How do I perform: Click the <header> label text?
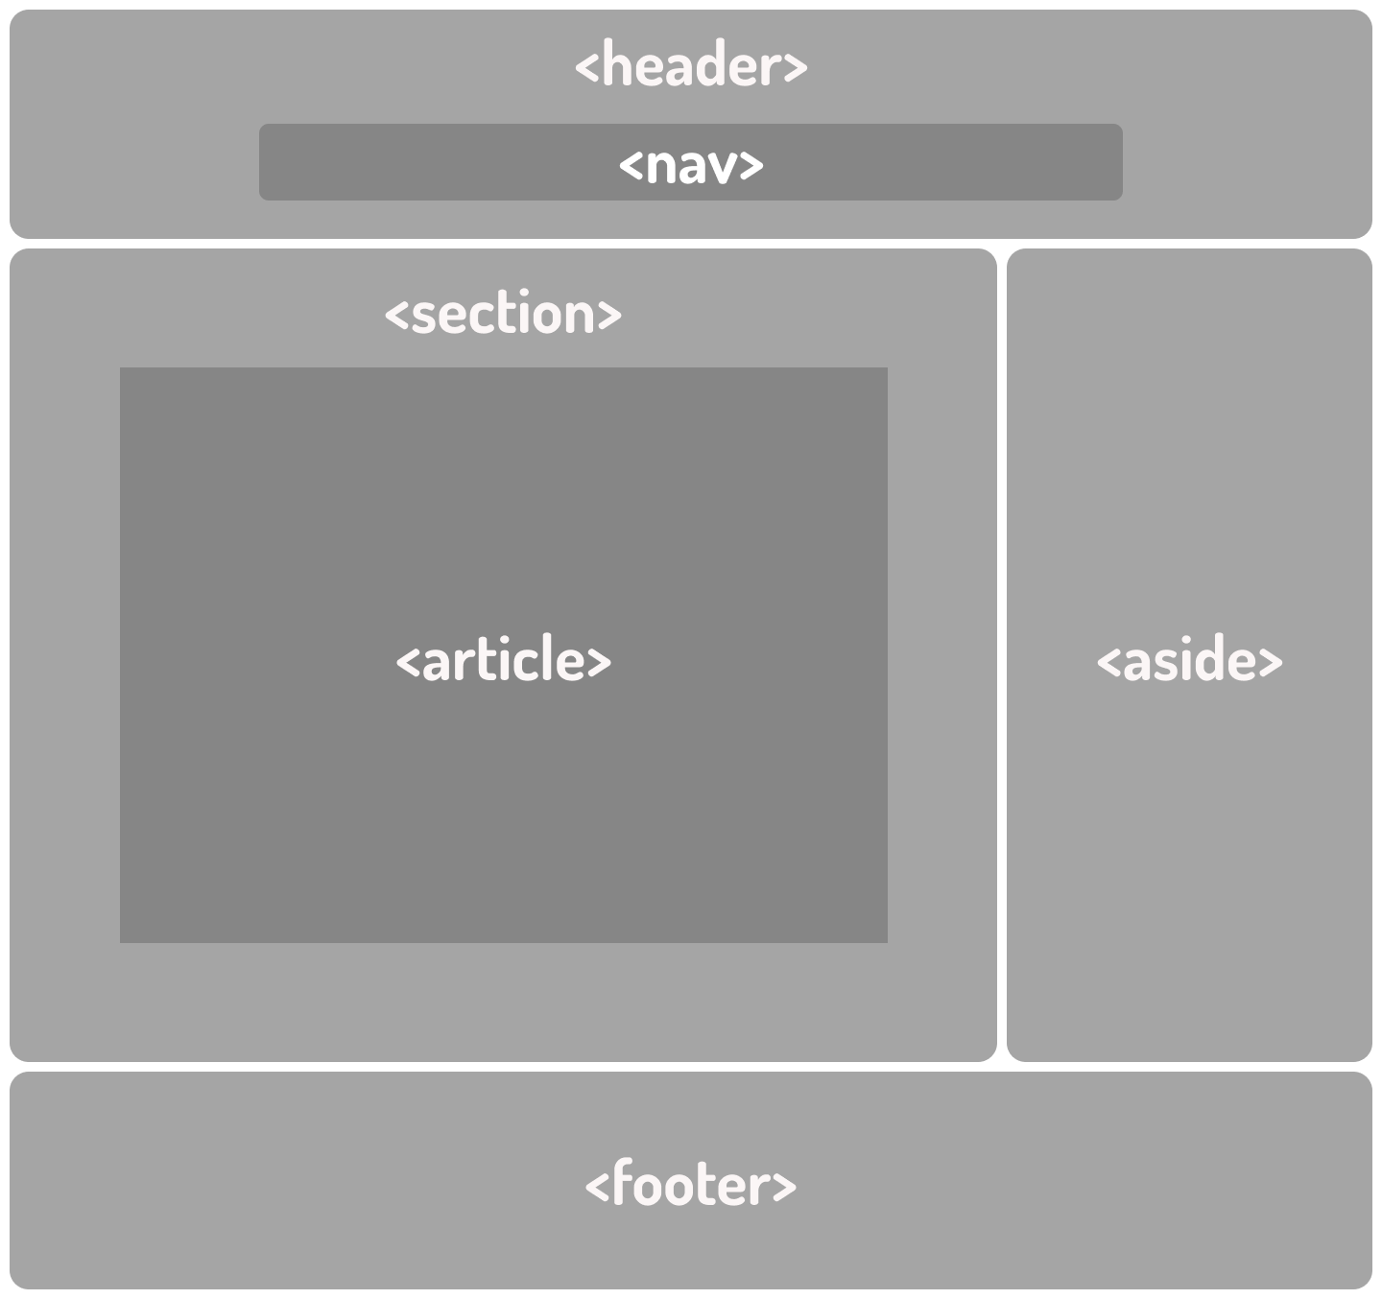point(691,66)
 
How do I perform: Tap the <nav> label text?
point(691,164)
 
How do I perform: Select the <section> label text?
point(503,314)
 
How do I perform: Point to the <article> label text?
point(503,661)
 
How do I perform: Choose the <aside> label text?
point(1189,661)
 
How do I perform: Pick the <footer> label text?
point(691,1185)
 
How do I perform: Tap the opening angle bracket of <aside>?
point(1108,663)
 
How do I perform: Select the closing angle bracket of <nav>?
point(752,166)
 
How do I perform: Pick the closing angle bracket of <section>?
point(610,316)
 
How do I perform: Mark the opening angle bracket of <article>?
point(408,663)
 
